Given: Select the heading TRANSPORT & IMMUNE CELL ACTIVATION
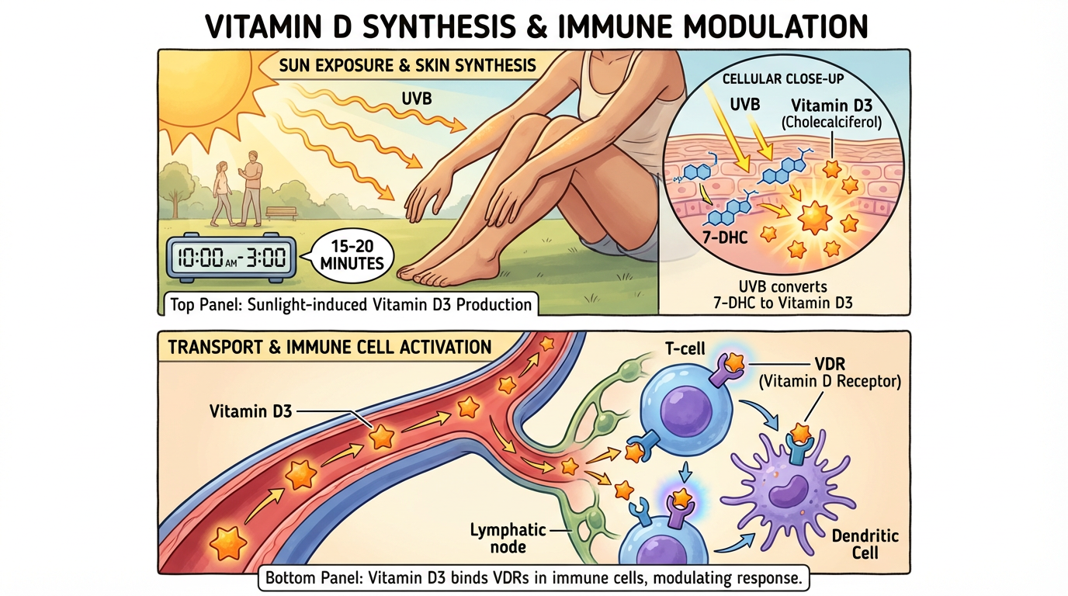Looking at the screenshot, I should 330,347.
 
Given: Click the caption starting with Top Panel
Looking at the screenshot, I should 351,303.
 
